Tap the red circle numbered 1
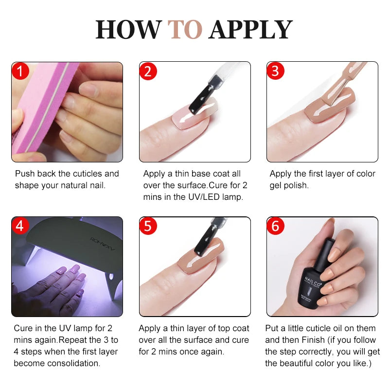(x=20, y=71)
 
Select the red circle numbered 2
(x=148, y=71)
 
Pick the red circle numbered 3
(x=276, y=71)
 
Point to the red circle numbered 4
(x=20, y=226)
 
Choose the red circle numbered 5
(x=148, y=226)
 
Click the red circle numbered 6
(x=276, y=226)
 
